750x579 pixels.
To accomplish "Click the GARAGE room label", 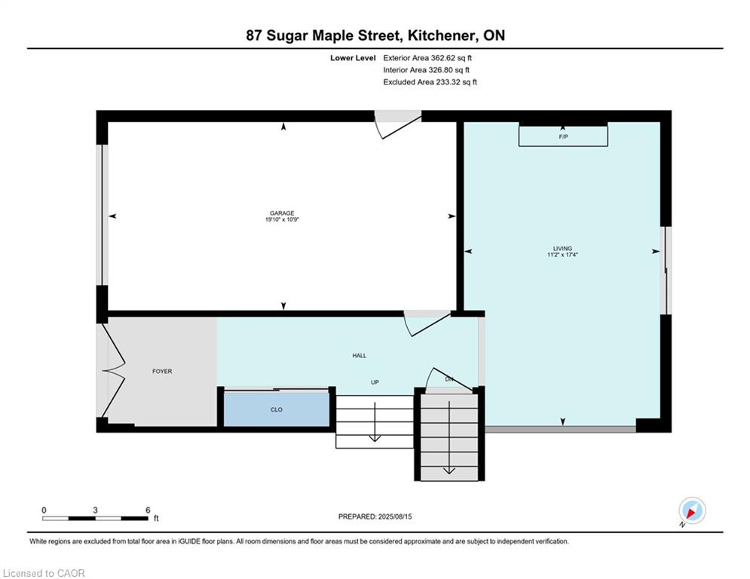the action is tap(282, 213).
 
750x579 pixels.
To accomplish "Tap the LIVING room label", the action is tap(562, 248).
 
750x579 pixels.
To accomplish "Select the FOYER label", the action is tap(162, 371).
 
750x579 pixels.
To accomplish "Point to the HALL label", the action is tap(360, 356).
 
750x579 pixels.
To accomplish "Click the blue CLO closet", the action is tap(277, 409).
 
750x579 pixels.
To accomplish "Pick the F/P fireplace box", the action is tap(564, 136).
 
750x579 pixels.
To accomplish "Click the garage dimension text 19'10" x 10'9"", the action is tap(282, 219).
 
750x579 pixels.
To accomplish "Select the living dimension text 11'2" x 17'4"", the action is tap(562, 255).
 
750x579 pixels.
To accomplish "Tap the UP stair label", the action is tap(375, 382).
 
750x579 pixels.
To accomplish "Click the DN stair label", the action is tap(449, 379).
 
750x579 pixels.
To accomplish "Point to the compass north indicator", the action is tap(692, 510).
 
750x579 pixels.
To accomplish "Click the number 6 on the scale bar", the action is tap(148, 510).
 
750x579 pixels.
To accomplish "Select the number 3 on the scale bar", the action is tap(95, 510).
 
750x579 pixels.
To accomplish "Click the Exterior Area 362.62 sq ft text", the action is tap(427, 58).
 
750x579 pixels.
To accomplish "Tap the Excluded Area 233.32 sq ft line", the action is tap(430, 82).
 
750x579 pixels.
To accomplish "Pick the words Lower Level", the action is tap(353, 58).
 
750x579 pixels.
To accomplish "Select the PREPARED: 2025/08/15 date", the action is tap(375, 516).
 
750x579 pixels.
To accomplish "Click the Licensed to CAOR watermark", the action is tap(44, 573).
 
